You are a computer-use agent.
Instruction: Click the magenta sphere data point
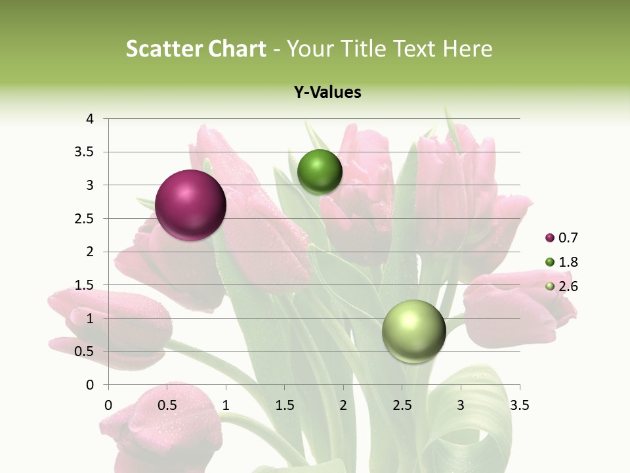190,205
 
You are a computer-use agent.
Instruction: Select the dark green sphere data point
320,172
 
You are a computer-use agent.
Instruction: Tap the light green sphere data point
413,331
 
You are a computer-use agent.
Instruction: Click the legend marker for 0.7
549,238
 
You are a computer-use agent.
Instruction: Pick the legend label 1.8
568,262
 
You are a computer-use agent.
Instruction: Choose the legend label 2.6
568,286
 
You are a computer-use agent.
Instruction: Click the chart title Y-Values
327,93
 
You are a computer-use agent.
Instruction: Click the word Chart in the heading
237,49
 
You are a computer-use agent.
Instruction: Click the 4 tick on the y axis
90,119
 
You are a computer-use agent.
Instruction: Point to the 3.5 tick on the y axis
85,152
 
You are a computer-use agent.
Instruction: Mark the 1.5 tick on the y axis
85,285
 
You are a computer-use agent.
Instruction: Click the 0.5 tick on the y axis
85,351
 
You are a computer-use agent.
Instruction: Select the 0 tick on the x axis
108,405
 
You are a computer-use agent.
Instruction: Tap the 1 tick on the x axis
226,405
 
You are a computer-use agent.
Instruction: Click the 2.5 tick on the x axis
402,405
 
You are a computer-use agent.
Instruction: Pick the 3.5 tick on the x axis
519,405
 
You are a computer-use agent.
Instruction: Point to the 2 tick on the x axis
343,405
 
